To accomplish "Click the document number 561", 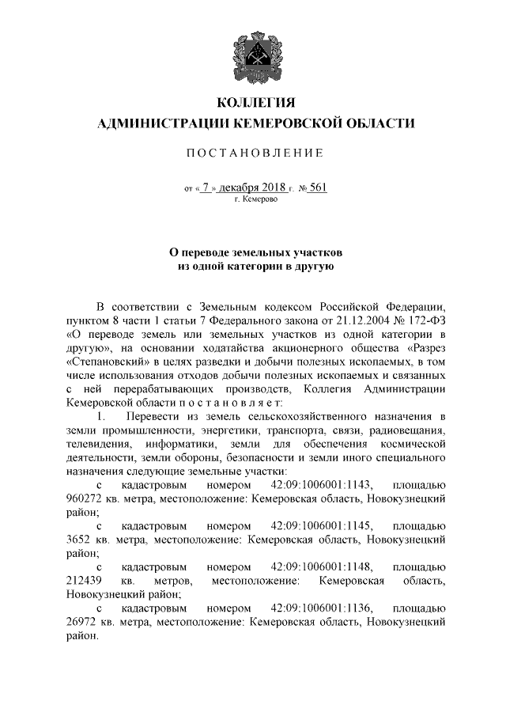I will click(x=317, y=188).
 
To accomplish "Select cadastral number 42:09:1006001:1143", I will click(x=323, y=485).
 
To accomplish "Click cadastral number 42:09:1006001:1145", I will click(x=323, y=527).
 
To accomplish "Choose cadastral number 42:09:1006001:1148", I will click(x=323, y=567).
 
